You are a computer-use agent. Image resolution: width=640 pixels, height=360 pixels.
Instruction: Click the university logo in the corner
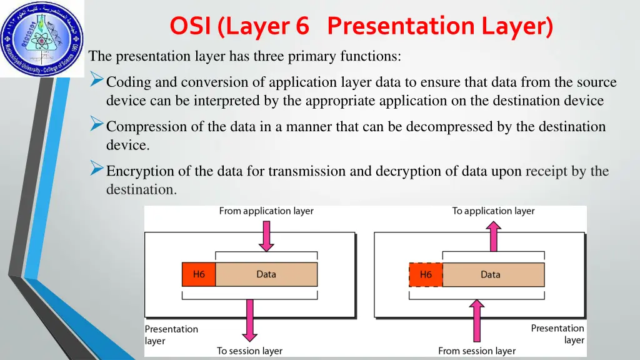[41, 38]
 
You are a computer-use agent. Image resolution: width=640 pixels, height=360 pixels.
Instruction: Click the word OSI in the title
[191, 27]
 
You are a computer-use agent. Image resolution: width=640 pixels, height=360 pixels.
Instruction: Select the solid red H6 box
[199, 274]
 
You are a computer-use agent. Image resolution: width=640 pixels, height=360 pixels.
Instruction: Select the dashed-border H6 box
[426, 274]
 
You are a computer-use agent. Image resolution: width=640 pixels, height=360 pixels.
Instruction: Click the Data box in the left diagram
[266, 274]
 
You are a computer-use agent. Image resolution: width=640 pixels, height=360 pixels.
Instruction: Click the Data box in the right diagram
[491, 274]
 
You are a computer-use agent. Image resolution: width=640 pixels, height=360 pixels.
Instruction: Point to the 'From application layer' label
[266, 211]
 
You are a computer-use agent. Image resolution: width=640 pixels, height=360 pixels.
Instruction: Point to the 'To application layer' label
[494, 211]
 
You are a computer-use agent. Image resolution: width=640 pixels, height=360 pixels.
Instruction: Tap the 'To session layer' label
[249, 351]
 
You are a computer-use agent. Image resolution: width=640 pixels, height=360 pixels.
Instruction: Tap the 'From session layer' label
[477, 351]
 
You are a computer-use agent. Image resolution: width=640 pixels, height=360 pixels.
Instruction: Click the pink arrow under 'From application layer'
[267, 235]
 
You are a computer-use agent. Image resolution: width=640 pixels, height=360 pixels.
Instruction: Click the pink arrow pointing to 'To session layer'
[250, 319]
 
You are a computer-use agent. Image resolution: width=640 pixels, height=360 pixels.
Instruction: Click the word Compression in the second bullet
[146, 127]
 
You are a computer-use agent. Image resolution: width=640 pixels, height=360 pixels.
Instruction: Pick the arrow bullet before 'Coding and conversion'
[96, 80]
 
